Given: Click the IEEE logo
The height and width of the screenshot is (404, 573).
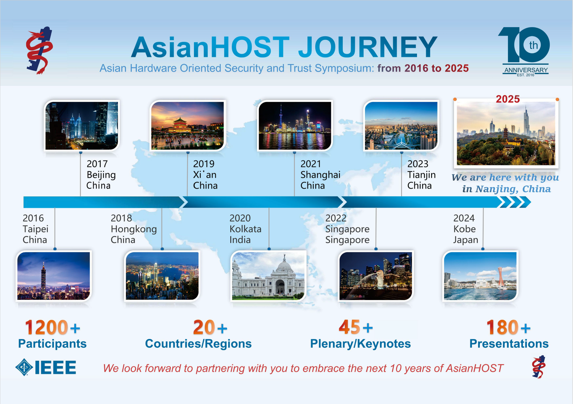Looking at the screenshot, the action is click(46, 367).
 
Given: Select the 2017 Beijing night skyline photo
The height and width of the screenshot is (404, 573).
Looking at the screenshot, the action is click(82, 126).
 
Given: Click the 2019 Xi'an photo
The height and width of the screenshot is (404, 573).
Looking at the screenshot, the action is click(187, 126).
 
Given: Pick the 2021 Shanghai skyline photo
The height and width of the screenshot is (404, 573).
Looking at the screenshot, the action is click(295, 126).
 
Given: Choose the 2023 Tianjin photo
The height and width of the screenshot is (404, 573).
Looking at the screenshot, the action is click(401, 126).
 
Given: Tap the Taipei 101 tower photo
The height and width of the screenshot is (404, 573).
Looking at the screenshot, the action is click(54, 276).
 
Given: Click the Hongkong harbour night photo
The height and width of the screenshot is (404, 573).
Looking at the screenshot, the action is click(162, 276).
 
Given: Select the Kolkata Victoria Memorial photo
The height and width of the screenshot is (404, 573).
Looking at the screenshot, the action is click(269, 276).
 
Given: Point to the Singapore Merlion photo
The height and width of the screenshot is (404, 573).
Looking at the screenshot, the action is click(376, 276).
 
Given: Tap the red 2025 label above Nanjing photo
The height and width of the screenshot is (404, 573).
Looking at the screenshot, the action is click(508, 99).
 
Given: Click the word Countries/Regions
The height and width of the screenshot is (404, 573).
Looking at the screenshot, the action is click(199, 344).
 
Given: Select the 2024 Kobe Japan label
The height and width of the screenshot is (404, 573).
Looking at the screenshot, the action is click(466, 229).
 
